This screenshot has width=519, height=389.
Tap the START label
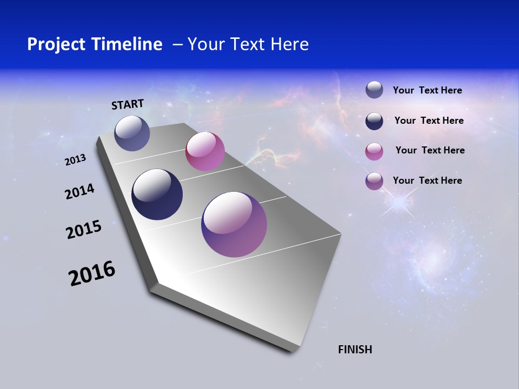(x=128, y=104)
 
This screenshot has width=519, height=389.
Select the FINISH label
(x=355, y=350)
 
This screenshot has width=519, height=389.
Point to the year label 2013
(x=76, y=160)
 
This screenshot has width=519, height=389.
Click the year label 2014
(x=80, y=192)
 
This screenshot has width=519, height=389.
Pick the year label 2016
(x=92, y=273)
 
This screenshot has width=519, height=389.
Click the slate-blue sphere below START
(x=132, y=133)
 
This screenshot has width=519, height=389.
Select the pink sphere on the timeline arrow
(x=205, y=151)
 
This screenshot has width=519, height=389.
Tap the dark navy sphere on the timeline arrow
(x=157, y=194)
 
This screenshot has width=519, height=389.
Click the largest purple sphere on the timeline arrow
(x=234, y=224)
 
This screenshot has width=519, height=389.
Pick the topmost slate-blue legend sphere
(x=374, y=90)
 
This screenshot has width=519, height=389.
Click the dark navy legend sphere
(x=374, y=121)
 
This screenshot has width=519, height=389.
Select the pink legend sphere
(x=374, y=151)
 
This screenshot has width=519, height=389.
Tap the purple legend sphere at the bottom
(x=374, y=181)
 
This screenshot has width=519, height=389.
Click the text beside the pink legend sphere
(x=430, y=150)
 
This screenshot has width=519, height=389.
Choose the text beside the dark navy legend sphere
(x=429, y=120)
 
